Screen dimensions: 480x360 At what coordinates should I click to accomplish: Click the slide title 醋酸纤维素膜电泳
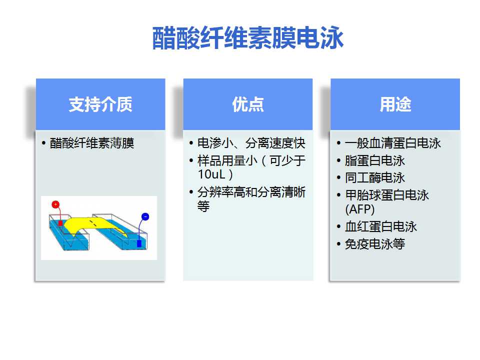point(248,38)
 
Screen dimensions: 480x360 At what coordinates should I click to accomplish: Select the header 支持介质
point(100,104)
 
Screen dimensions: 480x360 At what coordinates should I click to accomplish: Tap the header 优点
point(248,104)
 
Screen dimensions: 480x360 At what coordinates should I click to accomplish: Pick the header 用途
point(395,104)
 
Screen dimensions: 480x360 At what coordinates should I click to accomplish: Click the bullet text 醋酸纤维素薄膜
point(92,143)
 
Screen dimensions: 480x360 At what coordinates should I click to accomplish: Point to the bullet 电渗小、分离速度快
point(251,143)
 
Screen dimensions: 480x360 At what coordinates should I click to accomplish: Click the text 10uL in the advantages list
point(211,174)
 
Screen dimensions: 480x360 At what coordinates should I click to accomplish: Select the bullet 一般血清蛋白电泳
point(393,143)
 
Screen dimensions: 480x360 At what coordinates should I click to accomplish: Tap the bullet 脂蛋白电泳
point(374,160)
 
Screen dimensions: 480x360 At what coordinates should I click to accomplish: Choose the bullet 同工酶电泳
point(374,178)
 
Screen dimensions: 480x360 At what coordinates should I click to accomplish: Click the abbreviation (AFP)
point(359,209)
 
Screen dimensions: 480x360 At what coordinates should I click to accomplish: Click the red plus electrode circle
point(55,204)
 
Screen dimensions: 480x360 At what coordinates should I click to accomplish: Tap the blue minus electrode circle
point(145,216)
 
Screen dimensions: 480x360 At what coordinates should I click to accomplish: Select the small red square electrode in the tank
point(60,223)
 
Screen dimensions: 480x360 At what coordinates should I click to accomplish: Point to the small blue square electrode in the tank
point(139,243)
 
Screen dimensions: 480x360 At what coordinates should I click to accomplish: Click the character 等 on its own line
point(203,206)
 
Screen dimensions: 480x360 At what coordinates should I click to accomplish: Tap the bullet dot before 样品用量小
point(191,160)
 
